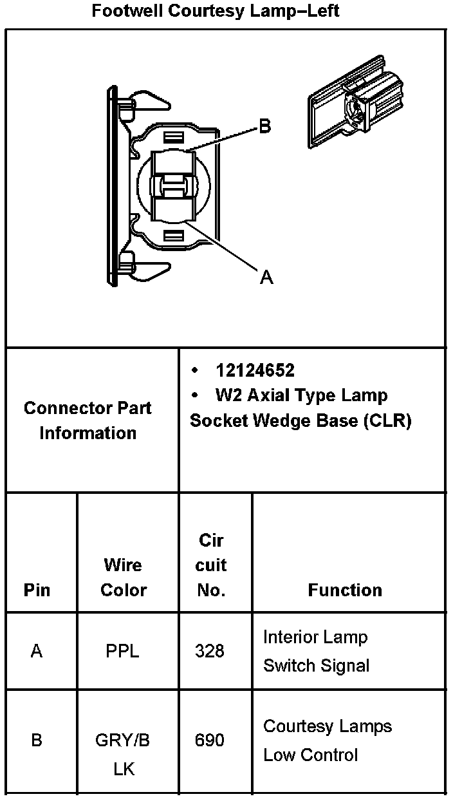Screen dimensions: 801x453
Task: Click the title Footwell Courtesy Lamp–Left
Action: point(216,11)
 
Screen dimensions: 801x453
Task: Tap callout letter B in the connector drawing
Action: point(264,127)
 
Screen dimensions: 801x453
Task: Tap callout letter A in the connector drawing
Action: point(266,278)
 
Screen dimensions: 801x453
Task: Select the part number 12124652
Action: point(255,370)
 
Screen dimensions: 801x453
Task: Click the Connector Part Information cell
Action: point(88,420)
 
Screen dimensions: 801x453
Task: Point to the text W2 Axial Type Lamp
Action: point(301,395)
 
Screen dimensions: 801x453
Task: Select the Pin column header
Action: point(37,590)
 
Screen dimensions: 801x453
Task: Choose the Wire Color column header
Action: point(124,578)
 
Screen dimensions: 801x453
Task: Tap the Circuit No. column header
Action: point(211,565)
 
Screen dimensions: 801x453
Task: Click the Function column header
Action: point(345,590)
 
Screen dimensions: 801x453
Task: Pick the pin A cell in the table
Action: point(37,651)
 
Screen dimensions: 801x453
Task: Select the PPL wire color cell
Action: point(122,651)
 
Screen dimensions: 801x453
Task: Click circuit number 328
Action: point(210,651)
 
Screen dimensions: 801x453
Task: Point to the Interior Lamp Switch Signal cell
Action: point(316,651)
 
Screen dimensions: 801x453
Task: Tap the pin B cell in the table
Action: point(37,740)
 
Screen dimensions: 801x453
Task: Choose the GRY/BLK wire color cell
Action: point(123,754)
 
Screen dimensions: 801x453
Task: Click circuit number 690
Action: point(210,740)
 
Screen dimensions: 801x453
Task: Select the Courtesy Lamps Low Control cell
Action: point(328,740)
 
